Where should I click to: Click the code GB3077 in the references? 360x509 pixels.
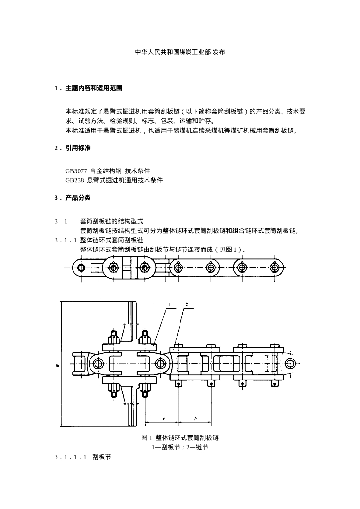76,171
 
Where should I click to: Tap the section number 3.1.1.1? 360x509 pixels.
71,456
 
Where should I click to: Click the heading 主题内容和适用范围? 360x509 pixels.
93,88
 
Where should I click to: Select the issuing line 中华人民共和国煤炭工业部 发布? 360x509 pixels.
180,52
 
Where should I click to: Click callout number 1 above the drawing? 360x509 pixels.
169,304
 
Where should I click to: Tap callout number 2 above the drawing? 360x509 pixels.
186,304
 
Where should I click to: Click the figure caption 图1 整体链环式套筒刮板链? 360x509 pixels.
180,438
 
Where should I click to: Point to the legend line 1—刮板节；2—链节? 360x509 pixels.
180,447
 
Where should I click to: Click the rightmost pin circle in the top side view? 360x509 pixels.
274,267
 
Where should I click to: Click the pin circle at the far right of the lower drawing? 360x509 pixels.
289,363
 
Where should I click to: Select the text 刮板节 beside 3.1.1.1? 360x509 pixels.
101,456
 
